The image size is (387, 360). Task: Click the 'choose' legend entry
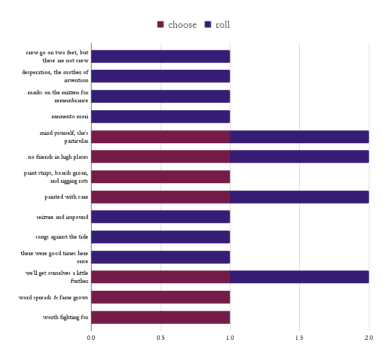[x=177, y=25]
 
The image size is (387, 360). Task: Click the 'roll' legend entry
[x=217, y=25]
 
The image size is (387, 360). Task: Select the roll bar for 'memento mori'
[x=160, y=117]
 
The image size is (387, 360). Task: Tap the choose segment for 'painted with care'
[x=160, y=197]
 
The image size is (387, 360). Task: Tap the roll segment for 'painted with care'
[x=299, y=197]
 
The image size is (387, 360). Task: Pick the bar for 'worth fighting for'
[x=160, y=317]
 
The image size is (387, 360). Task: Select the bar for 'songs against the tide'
[x=160, y=237]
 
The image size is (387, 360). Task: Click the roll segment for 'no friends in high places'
[x=299, y=157]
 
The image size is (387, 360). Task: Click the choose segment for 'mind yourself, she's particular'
[x=160, y=137]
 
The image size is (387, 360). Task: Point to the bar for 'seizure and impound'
[x=160, y=217]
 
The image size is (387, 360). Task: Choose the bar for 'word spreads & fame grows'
[x=160, y=297]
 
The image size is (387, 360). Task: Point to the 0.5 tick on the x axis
[x=160, y=337]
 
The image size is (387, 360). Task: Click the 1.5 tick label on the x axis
[x=299, y=337]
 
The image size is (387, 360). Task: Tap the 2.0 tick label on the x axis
[x=368, y=337]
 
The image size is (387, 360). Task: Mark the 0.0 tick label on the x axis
[x=91, y=337]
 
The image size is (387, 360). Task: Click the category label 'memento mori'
[x=70, y=117]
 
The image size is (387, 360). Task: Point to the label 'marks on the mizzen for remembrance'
[x=58, y=96]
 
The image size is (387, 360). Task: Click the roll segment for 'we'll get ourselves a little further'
[x=299, y=277]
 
